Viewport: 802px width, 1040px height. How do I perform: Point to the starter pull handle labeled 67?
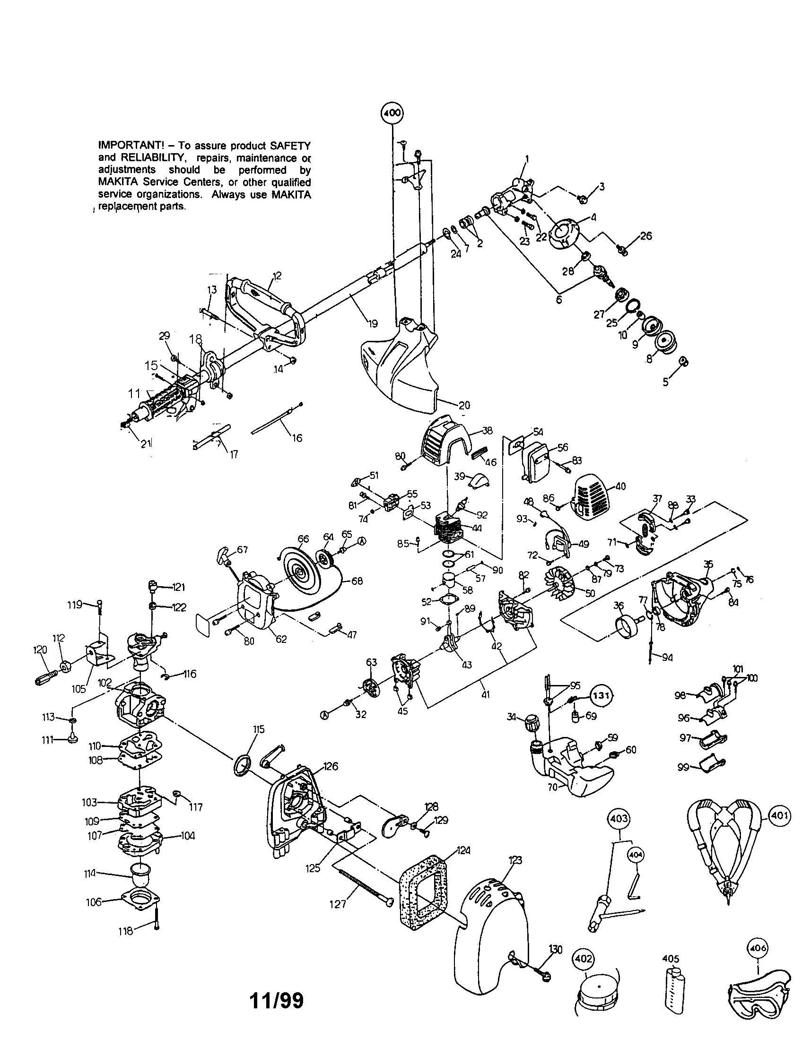pyautogui.click(x=227, y=554)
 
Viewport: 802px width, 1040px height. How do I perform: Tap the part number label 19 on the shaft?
pyautogui.click(x=373, y=323)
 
